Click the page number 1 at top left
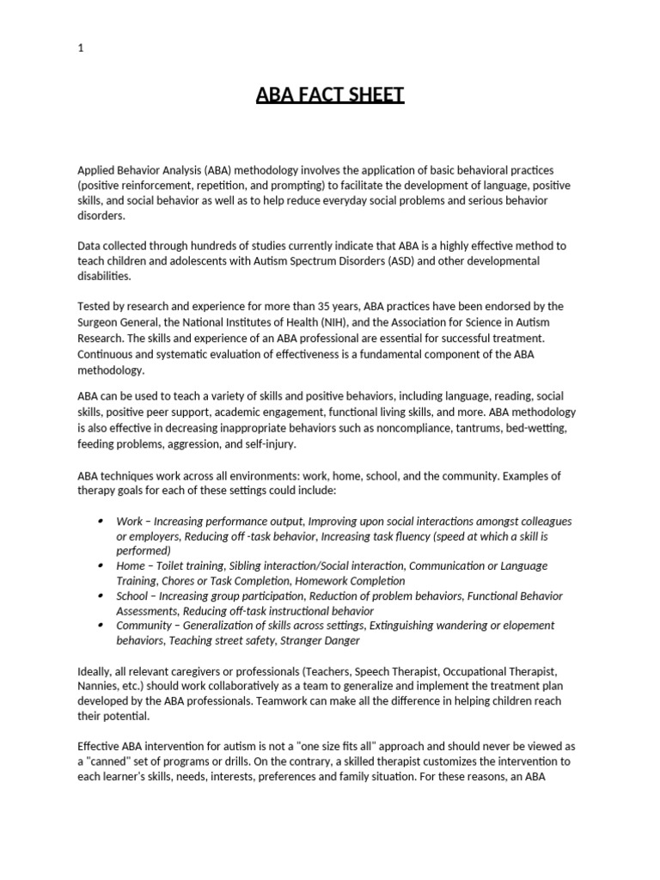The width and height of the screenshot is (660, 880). click(81, 48)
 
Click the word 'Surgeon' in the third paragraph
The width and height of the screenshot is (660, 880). click(101, 322)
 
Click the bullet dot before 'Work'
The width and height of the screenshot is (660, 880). click(101, 521)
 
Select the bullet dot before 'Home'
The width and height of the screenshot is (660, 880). click(101, 565)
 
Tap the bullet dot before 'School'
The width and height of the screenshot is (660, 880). click(101, 596)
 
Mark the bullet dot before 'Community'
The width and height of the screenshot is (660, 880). click(101, 625)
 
